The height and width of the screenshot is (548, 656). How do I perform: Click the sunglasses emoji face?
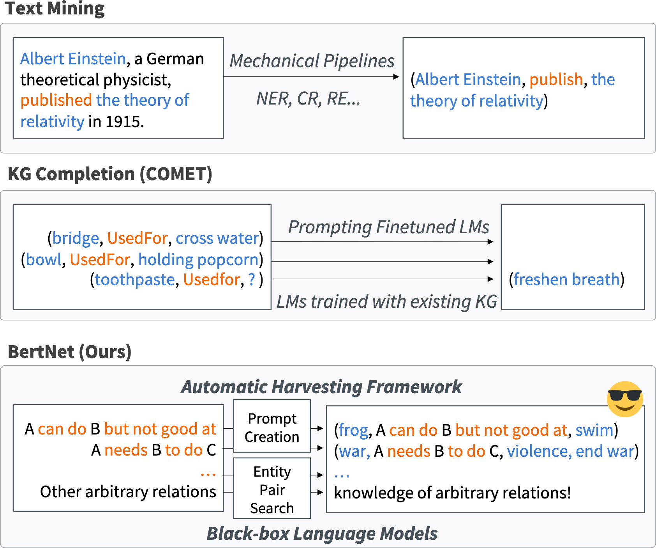(x=625, y=399)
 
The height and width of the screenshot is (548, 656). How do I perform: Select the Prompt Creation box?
(x=272, y=426)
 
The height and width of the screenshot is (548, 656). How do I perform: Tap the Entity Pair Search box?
(x=272, y=488)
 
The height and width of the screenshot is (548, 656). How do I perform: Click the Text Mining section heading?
(x=55, y=9)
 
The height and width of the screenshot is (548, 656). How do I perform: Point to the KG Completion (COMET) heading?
(x=110, y=174)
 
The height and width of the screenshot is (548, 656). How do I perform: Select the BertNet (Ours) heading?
(x=70, y=352)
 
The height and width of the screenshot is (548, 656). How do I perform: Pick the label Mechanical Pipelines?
(x=312, y=61)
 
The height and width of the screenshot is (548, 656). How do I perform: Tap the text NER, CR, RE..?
(x=308, y=99)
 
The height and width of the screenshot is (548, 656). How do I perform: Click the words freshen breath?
(x=566, y=280)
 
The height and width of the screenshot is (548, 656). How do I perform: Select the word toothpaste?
(x=135, y=280)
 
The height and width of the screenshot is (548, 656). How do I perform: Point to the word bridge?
(x=76, y=238)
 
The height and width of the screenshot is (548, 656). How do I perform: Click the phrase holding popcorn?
(x=199, y=260)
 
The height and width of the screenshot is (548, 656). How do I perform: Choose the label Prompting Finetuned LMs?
(x=389, y=227)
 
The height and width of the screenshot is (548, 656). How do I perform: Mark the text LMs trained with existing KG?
(x=387, y=301)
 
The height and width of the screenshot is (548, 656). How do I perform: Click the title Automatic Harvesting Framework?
(x=321, y=387)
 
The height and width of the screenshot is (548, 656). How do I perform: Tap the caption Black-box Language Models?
(x=322, y=534)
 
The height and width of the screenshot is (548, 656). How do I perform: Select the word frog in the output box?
(x=353, y=430)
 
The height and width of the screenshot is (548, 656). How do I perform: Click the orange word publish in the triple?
(x=556, y=80)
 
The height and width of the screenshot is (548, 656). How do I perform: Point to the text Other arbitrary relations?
(x=128, y=491)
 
